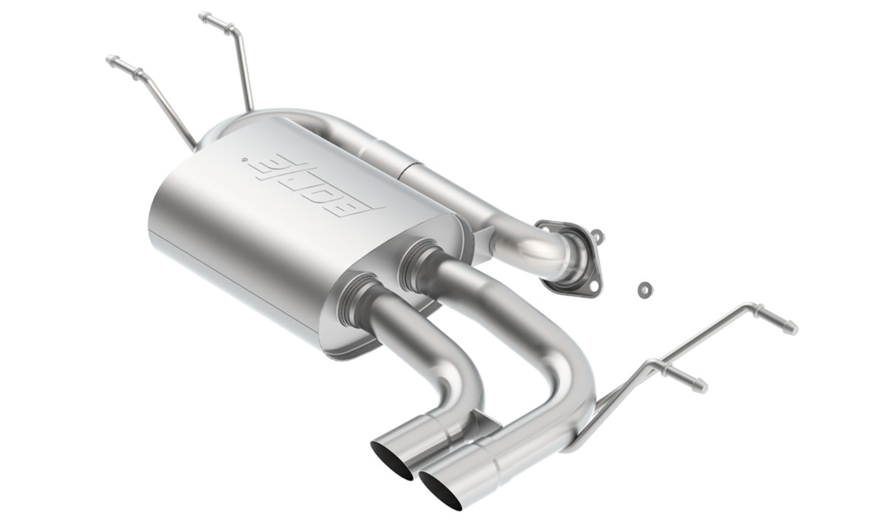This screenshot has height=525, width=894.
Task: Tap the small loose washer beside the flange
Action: pyautogui.click(x=644, y=289)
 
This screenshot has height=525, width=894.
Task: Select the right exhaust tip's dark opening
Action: pyautogui.click(x=441, y=492)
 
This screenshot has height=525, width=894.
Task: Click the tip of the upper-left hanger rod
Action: pyautogui.click(x=110, y=61)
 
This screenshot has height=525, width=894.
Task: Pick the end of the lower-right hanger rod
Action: pyautogui.click(x=702, y=386)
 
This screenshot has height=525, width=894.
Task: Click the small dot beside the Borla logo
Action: pyautogui.click(x=244, y=161)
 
